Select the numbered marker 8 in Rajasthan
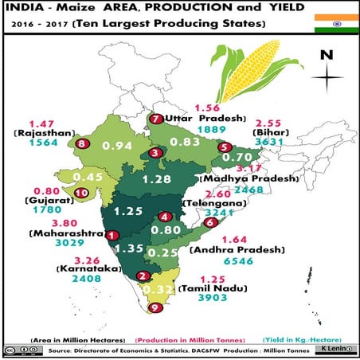[84, 144]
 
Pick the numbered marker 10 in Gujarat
[80, 193]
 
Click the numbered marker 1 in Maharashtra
[112, 236]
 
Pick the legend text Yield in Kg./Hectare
[305, 338]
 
